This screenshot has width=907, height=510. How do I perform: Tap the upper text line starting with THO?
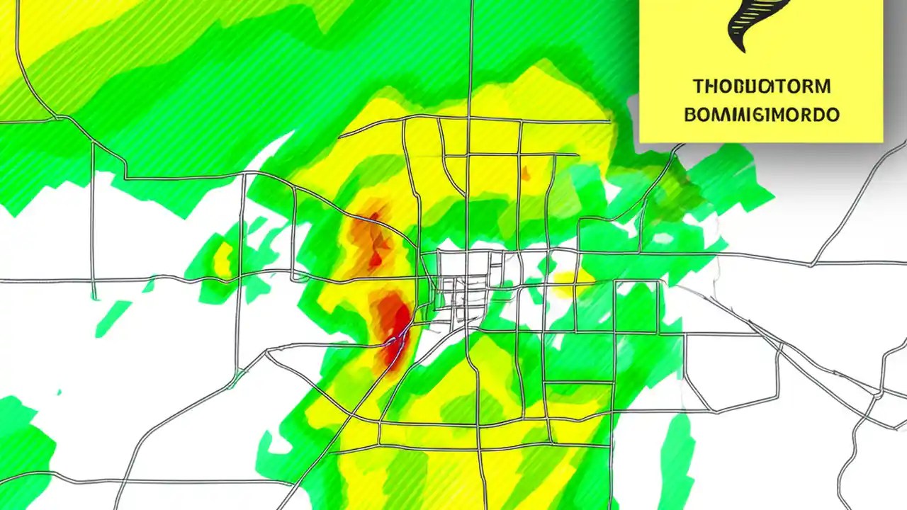(x=761, y=87)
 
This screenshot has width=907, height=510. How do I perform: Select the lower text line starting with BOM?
(x=762, y=114)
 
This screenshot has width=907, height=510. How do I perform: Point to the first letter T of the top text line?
(x=697, y=87)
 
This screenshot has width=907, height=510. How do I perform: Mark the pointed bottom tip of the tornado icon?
(x=740, y=50)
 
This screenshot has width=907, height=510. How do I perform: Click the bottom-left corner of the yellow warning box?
(x=641, y=142)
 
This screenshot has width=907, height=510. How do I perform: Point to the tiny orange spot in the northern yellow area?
(x=525, y=172)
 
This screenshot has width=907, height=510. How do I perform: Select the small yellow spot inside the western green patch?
(x=224, y=259)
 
